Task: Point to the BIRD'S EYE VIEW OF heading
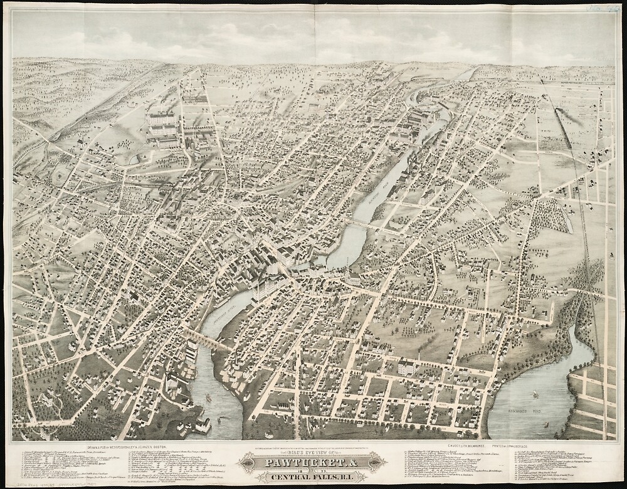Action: [313, 453]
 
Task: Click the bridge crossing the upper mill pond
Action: [364, 224]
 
